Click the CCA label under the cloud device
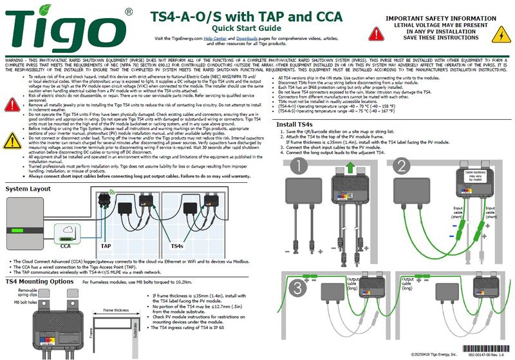coord(65,246)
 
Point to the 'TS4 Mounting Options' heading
coord(43,281)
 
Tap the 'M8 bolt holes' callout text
coord(18,303)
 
